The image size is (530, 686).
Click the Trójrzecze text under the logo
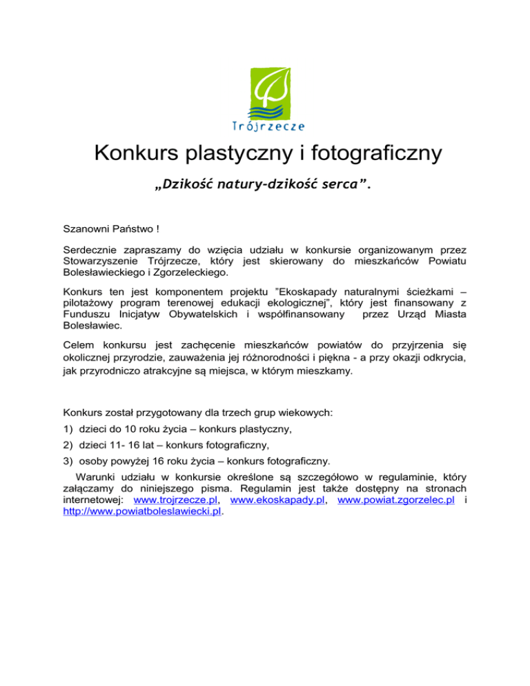click(x=265, y=126)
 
